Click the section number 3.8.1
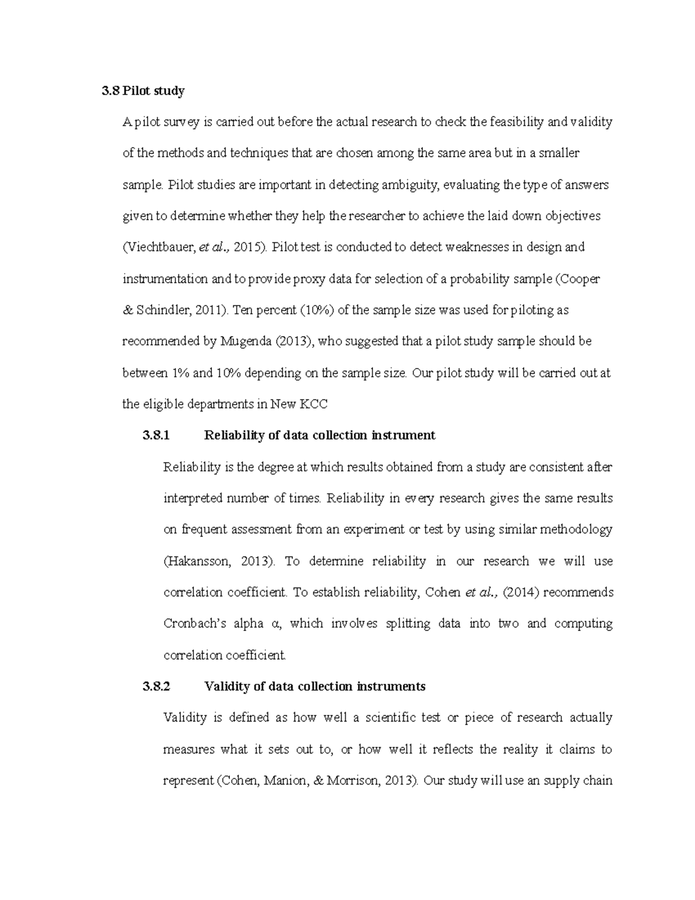click(156, 435)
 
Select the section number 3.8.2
click(156, 687)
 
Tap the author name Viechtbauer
click(160, 247)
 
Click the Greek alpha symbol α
click(275, 624)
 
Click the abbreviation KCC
click(313, 405)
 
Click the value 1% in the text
click(179, 373)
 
